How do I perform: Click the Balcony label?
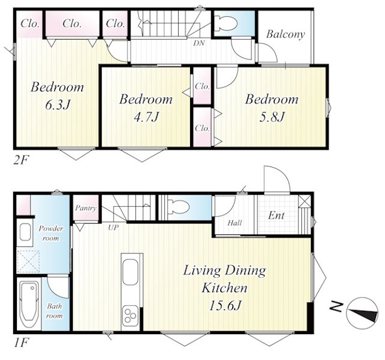pos(286,34)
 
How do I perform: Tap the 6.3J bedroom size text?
pos(58,105)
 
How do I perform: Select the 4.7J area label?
pos(146,117)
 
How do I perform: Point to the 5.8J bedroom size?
pos(273,117)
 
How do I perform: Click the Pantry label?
pos(85,209)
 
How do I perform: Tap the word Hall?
pos(235,223)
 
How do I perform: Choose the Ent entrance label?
pos(276,216)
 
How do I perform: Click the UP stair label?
pos(113,228)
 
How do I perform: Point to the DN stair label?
pos(199,43)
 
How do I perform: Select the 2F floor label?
pos(21,160)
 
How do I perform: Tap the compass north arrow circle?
pos(362,313)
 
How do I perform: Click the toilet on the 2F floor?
pos(226,24)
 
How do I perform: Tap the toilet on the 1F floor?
pos(178,207)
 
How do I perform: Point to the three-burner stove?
pos(131,316)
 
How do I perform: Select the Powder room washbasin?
pos(25,232)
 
